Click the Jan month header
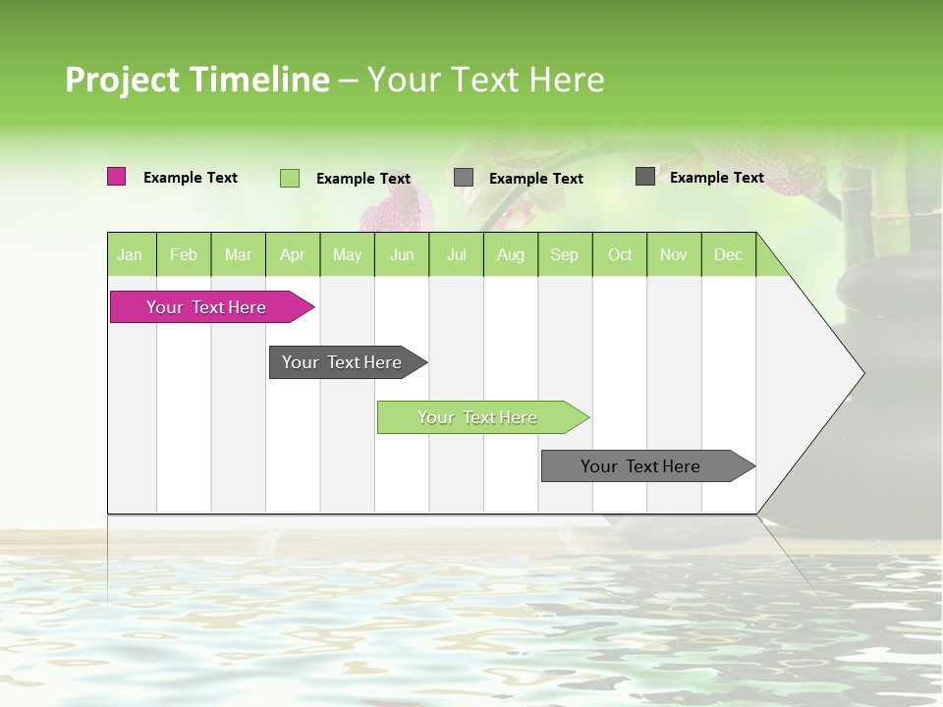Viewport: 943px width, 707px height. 131,254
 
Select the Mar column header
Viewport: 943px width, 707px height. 238,254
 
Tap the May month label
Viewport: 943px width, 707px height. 347,254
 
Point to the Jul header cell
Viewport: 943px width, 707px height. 456,254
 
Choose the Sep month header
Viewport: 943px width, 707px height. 564,254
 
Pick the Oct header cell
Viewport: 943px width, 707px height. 620,254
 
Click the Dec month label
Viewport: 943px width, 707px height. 728,254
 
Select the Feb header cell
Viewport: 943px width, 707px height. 184,254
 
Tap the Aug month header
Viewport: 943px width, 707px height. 510,254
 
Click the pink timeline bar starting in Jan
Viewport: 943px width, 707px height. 207,307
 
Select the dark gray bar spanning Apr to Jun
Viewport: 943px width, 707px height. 343,362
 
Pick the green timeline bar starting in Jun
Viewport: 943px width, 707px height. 478,417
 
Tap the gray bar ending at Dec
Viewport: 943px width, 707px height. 641,466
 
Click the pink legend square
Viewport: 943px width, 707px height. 116,177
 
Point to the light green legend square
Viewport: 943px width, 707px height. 289,178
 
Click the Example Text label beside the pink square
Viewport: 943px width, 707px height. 191,178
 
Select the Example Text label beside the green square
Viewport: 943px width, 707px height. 363,179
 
